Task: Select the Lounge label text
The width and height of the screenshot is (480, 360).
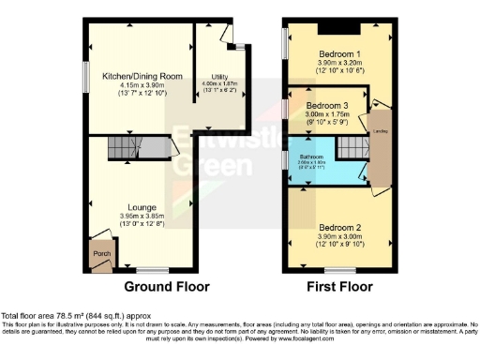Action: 142,206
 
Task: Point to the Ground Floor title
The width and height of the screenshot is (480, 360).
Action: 167,286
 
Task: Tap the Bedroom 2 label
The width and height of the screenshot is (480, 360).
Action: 338,228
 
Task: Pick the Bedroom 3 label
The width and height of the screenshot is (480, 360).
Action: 324,106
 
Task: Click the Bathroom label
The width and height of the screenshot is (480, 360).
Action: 311,156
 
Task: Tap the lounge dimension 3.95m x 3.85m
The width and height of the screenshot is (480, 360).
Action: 142,216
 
